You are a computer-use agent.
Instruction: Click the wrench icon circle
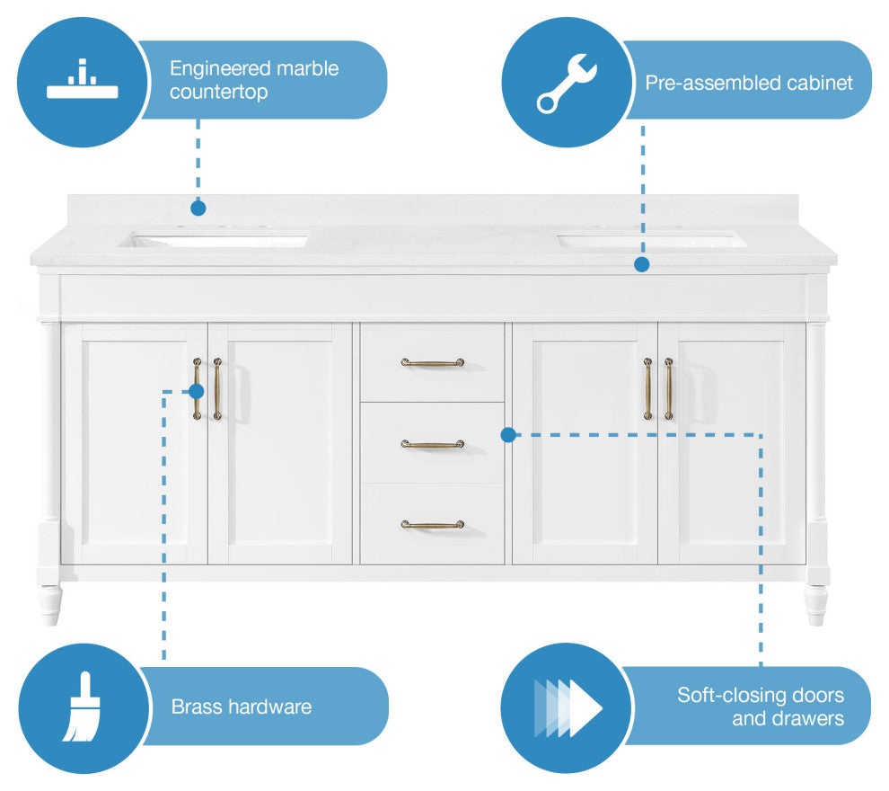pos(566,83)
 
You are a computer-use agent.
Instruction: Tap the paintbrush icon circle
pos(84,707)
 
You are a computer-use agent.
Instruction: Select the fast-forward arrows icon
pos(568,708)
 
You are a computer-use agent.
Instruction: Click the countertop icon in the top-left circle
pos(82,82)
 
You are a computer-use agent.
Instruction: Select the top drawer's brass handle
pos(432,363)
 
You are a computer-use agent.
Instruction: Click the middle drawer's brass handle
pos(432,444)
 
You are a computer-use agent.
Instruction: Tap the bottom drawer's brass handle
pos(432,524)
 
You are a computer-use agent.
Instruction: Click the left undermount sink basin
pos(216,240)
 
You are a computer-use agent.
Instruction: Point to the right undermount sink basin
pos(652,240)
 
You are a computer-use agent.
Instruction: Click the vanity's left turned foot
pos(49,603)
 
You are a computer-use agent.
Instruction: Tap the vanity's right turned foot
pos(815,603)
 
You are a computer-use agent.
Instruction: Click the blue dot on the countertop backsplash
pos(198,208)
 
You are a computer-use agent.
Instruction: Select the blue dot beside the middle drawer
pos(507,435)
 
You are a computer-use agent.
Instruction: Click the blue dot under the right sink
pos(641,264)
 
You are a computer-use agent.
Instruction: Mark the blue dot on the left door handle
pos(197,391)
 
